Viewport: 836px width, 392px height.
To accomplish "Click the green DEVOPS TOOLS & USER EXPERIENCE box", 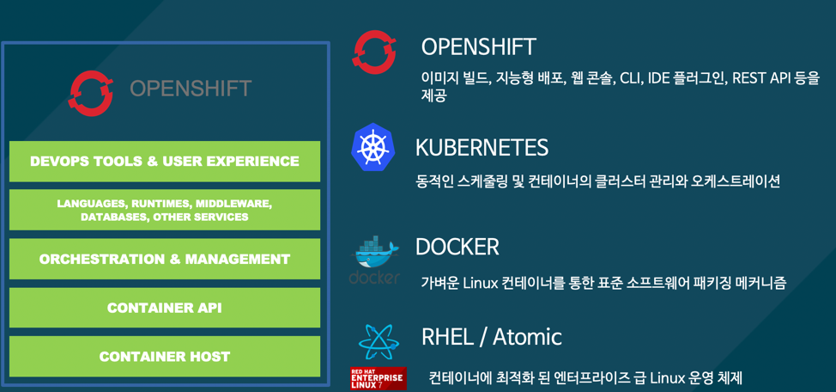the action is point(165,162).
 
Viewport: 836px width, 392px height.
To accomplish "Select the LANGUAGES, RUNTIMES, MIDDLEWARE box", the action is point(165,211).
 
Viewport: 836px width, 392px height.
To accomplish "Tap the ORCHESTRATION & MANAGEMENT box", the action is point(165,259).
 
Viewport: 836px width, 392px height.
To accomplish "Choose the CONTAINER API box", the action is point(165,308).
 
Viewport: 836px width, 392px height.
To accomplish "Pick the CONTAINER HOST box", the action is point(165,357).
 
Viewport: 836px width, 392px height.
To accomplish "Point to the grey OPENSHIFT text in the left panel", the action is point(191,89).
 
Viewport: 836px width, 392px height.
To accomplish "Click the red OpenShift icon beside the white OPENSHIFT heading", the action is point(374,52).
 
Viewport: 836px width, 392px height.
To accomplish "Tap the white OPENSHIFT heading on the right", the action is point(478,46).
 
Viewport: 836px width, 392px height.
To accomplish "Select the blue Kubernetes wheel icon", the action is point(373,147).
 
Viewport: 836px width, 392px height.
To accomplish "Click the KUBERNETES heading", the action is point(482,147).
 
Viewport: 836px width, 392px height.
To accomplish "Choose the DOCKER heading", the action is point(457,247).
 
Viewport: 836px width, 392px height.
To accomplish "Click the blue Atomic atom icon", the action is point(379,342).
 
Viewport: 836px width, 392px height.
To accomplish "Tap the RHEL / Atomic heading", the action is point(491,336).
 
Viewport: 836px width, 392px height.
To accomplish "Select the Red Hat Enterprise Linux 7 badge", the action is point(378,377).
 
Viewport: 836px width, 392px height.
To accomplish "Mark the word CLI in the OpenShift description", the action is point(632,78).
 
